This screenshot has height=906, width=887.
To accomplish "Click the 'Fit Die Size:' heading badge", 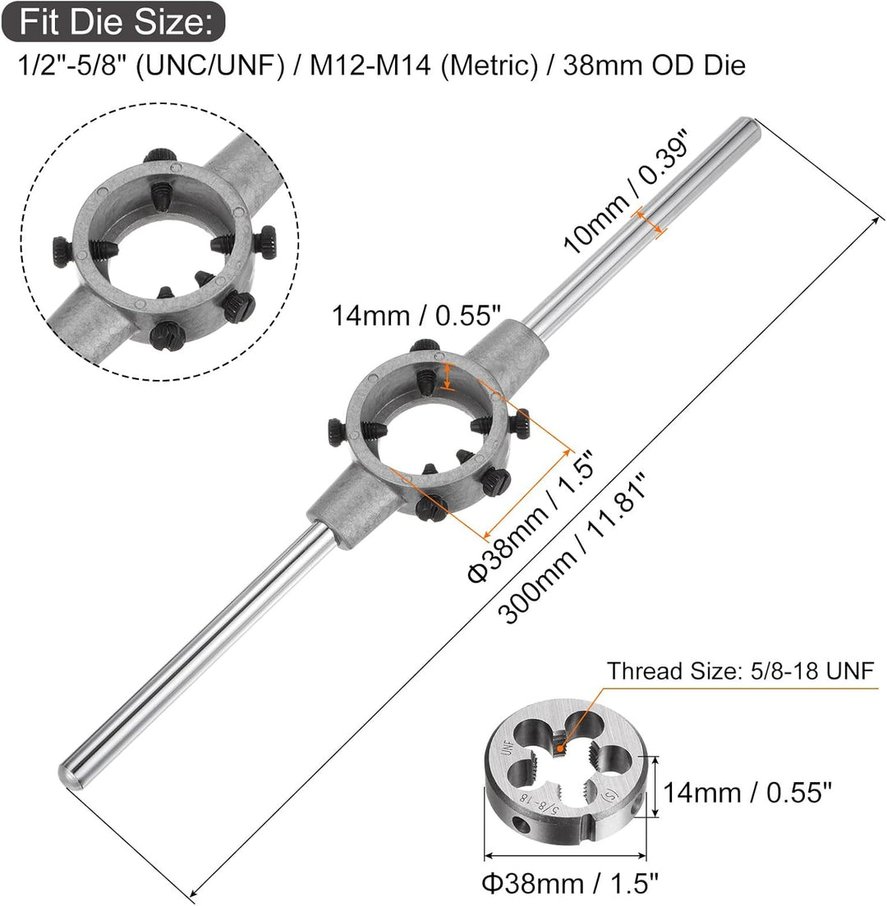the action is [x=113, y=22].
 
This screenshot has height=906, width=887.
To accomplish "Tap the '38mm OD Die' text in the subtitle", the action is [x=654, y=65].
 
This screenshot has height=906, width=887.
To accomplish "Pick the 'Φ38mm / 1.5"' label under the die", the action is [x=570, y=884].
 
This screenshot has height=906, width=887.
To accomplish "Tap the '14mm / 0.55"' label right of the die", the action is [x=747, y=792].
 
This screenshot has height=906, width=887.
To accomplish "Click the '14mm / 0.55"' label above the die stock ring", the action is [x=416, y=316].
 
